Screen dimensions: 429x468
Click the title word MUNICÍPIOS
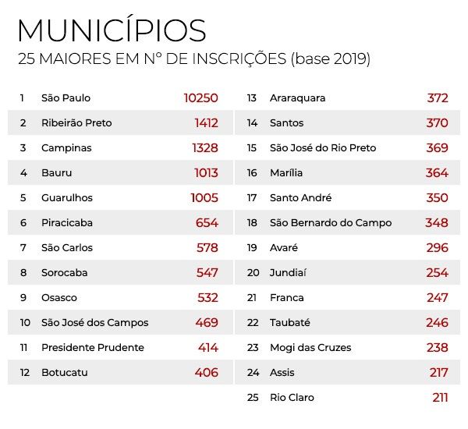[112, 30]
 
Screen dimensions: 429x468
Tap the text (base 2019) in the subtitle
[330, 59]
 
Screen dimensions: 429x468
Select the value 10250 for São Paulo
[200, 98]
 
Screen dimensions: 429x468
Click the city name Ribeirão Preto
[76, 123]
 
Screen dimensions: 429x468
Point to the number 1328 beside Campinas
[204, 148]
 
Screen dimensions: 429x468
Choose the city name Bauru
[55, 173]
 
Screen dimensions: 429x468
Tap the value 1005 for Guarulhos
[204, 198]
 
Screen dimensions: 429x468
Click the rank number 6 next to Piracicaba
[23, 223]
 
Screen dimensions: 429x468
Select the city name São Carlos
[67, 248]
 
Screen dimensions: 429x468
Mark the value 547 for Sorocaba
[207, 273]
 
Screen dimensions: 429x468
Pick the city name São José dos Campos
[94, 323]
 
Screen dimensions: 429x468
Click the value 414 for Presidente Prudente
[207, 348]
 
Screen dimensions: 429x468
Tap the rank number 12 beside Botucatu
[25, 373]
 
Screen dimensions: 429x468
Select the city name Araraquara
[297, 98]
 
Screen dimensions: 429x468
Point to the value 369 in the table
[437, 148]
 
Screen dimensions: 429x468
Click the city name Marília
[286, 173]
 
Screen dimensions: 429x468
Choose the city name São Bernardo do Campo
[331, 223]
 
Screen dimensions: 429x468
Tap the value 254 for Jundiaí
[437, 273]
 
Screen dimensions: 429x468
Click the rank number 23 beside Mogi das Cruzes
[253, 348]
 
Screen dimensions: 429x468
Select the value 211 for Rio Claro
[440, 398]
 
